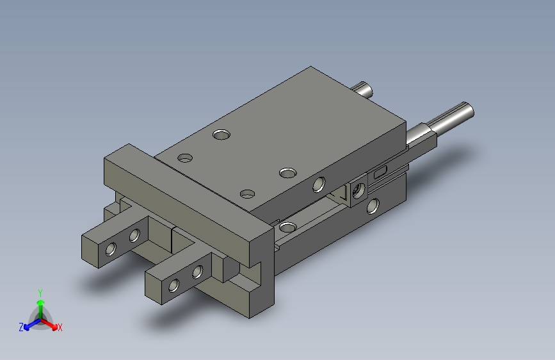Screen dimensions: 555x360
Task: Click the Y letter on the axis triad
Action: coord(40,293)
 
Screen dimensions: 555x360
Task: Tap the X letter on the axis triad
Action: coord(60,327)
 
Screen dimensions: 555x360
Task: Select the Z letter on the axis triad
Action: coord(21,327)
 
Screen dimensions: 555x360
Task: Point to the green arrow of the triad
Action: coord(41,309)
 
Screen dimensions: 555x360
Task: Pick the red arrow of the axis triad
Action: coord(49,324)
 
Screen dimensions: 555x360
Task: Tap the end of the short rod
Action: coord(368,90)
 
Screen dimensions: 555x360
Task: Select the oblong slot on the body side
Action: coord(380,172)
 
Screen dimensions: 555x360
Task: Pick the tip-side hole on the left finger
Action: coord(111,249)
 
